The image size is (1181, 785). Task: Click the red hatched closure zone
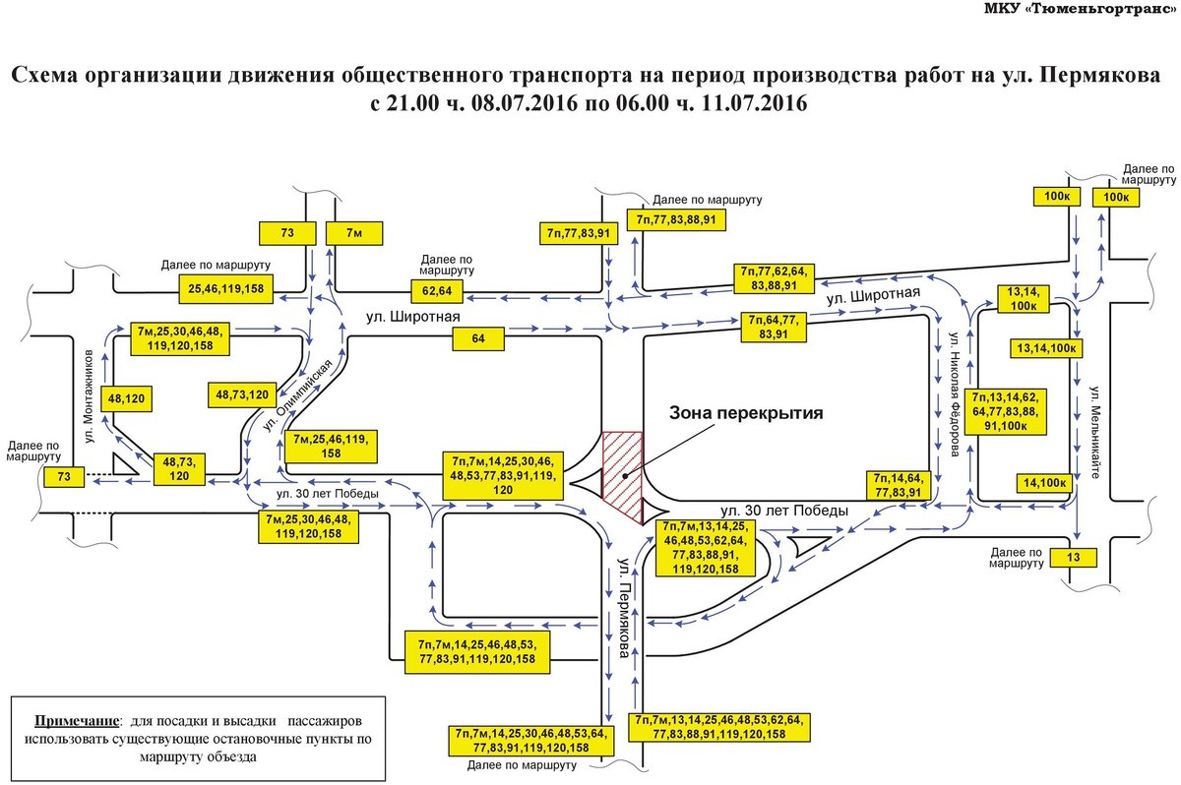[622, 477]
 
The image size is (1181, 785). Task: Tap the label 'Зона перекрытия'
[746, 413]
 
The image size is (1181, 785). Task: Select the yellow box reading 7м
[354, 233]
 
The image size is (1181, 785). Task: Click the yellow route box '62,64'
[437, 291]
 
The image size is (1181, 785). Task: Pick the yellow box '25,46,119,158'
[225, 288]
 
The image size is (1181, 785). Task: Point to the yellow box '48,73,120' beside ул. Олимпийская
[242, 394]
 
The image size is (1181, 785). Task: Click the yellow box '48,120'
[127, 398]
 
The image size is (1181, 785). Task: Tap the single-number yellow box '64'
[478, 338]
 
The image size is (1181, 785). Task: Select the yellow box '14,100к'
[1044, 483]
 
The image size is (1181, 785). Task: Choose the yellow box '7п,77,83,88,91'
[676, 219]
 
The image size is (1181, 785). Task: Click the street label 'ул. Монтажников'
[89, 395]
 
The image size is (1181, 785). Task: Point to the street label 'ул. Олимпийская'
[298, 395]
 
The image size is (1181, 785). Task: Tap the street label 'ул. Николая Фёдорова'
[954, 393]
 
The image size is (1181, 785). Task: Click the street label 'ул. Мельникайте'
[1095, 432]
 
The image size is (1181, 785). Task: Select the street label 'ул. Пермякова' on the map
[624, 608]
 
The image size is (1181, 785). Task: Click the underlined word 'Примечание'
[77, 721]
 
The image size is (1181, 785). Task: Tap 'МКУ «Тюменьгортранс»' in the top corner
[1080, 9]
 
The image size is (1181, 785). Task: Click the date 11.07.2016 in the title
[754, 102]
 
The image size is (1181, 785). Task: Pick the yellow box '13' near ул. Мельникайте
[1073, 558]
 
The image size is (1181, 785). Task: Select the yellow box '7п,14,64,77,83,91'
[899, 485]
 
